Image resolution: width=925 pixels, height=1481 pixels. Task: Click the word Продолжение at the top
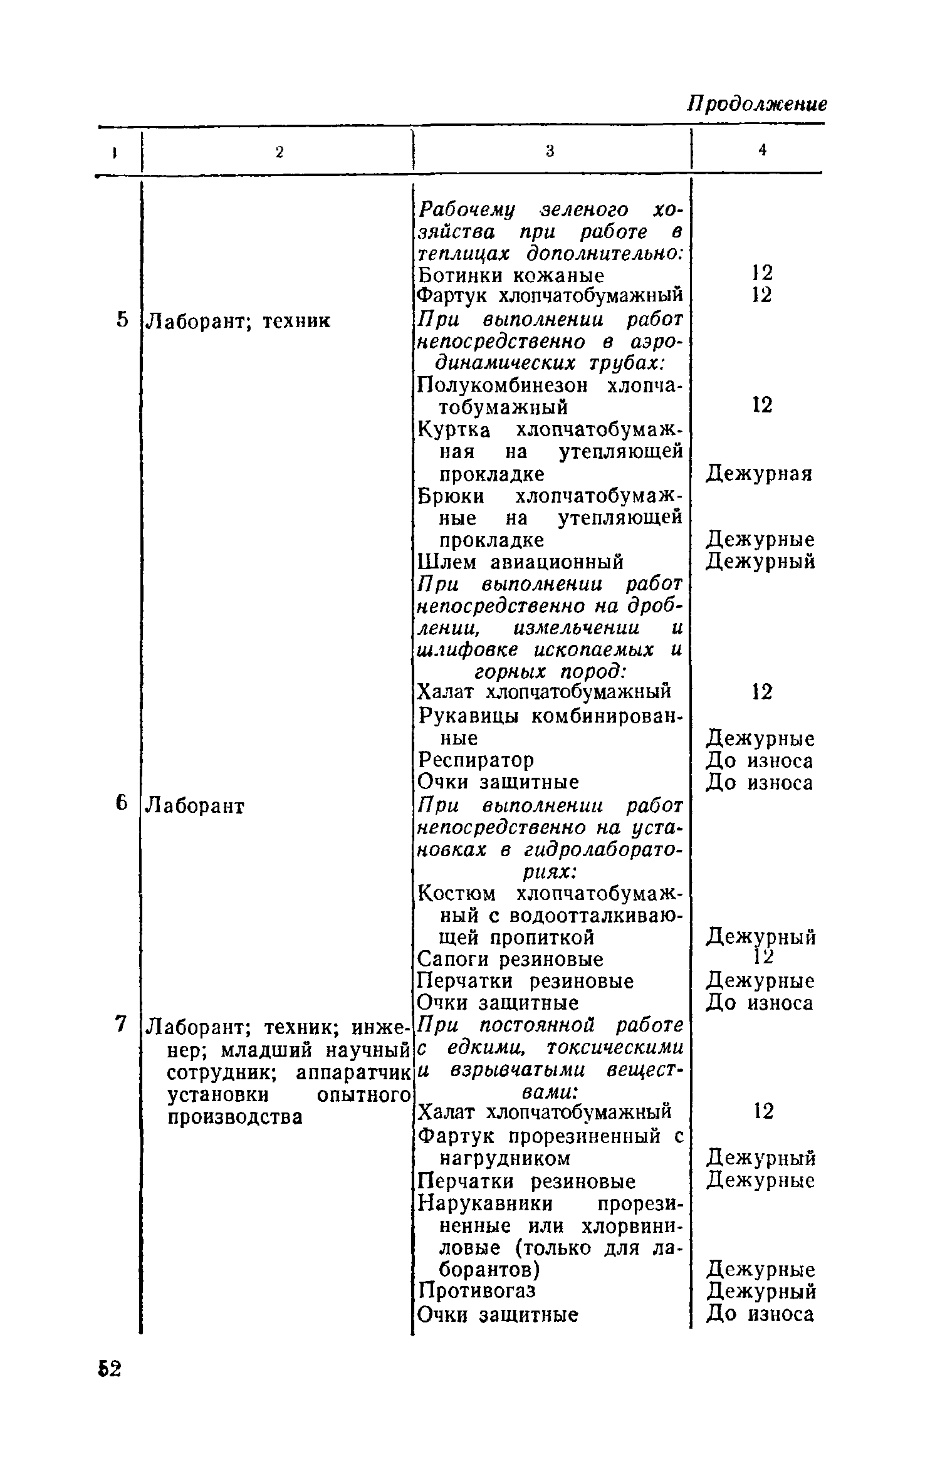point(757,103)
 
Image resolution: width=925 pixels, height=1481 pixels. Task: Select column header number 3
point(550,150)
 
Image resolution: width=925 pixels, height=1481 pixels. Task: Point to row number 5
point(123,320)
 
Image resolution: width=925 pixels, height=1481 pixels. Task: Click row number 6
point(122,803)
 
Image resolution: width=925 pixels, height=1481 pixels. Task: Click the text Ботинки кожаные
point(511,275)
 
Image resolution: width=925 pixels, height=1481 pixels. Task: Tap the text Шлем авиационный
point(520,562)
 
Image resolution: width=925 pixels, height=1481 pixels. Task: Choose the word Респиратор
point(476,760)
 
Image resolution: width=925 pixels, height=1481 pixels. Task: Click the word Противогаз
point(477,1290)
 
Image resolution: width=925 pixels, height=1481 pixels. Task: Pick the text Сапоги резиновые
point(510,959)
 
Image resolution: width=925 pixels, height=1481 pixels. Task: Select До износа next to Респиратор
point(760,761)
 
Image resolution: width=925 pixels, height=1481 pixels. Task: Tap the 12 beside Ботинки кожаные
point(762,273)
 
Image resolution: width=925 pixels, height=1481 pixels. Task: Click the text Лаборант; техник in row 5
point(238,321)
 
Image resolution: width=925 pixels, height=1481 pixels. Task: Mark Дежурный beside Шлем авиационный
point(761,562)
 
